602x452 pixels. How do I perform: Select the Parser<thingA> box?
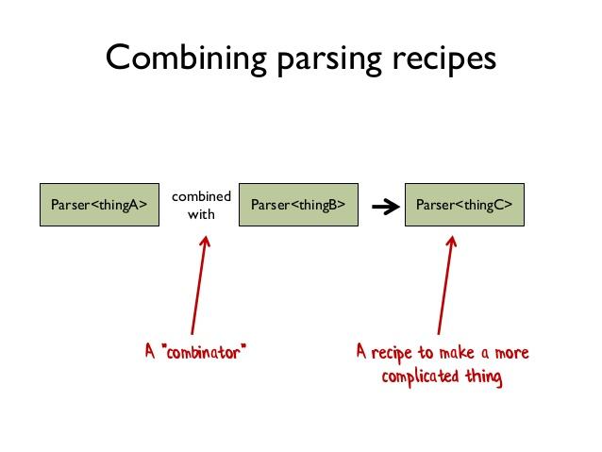(98, 204)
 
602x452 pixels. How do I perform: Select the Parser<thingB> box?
(297, 204)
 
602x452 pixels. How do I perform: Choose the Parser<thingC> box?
(463, 204)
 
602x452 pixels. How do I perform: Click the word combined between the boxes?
(201, 196)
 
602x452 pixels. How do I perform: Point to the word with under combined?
(201, 214)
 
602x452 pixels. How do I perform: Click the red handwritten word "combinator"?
(210, 353)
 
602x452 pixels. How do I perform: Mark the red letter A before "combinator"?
(151, 352)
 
